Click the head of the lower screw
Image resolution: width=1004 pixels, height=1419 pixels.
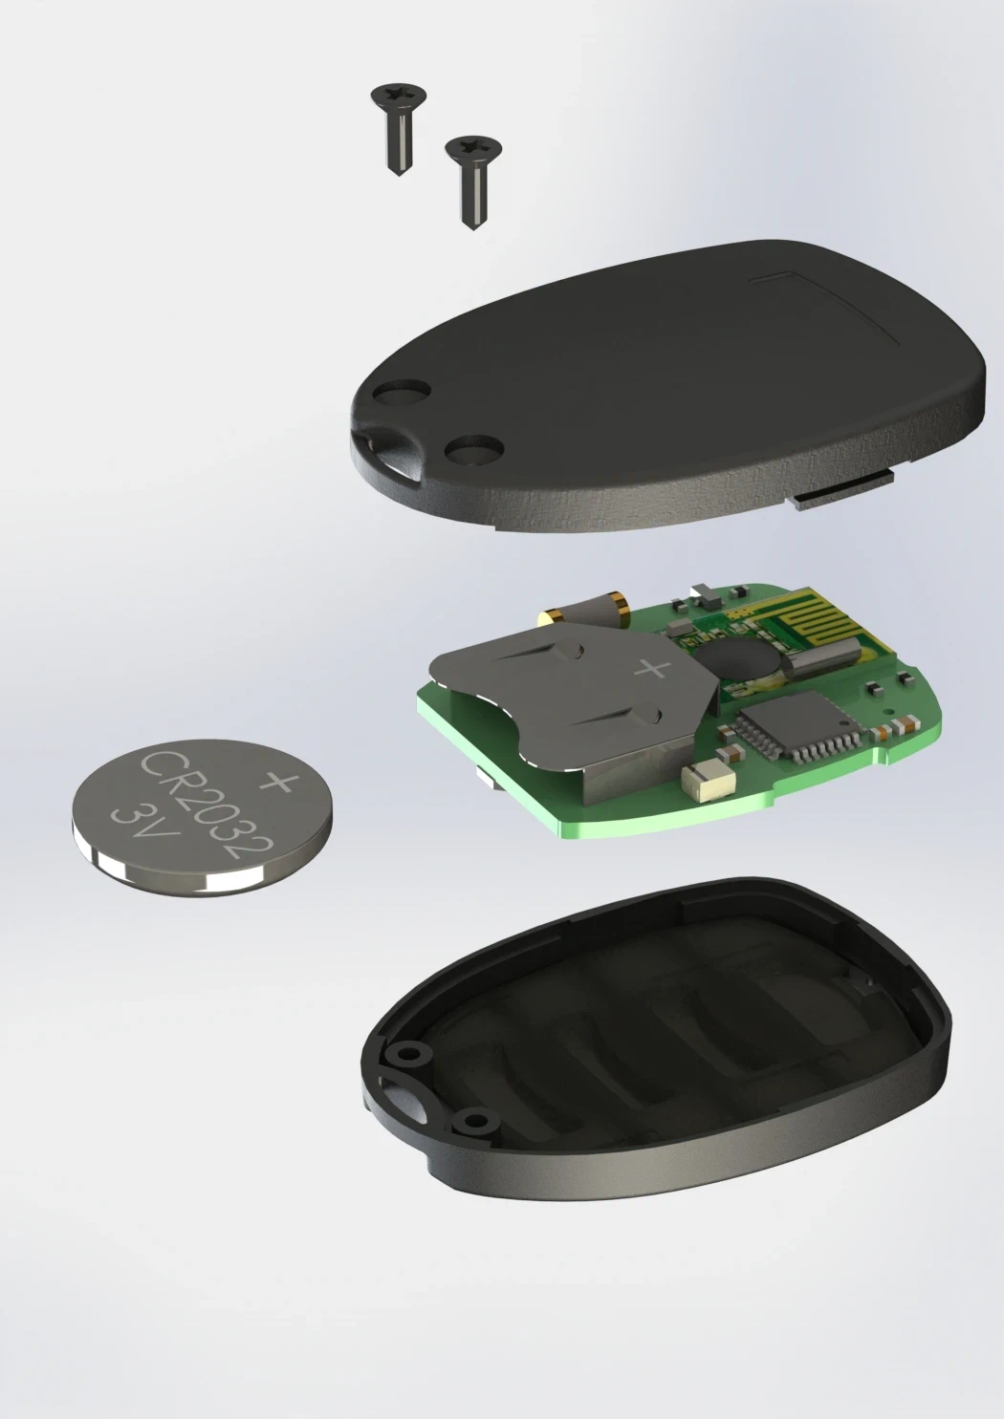pos(473,149)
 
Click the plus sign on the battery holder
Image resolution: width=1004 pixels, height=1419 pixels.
pos(652,669)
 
